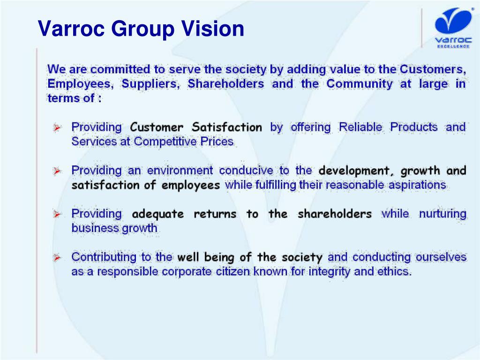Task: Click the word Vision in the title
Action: [x=213, y=29]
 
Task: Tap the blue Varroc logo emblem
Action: [x=453, y=21]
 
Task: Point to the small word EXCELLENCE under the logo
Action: [x=453, y=46]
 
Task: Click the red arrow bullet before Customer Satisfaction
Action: [x=57, y=127]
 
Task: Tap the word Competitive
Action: [x=165, y=142]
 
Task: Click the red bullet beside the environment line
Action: [x=57, y=171]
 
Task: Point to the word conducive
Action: [x=246, y=171]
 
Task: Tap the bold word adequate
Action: [x=158, y=214]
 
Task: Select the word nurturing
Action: [x=442, y=214]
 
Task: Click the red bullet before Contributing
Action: [x=57, y=258]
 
